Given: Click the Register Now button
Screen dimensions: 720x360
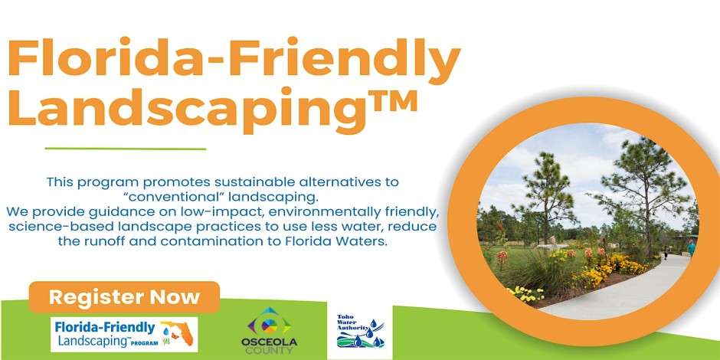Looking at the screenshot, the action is [124, 296].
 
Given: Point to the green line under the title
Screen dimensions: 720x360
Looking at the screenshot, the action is [126, 149].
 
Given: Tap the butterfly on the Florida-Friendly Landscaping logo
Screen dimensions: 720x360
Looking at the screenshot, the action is [175, 335].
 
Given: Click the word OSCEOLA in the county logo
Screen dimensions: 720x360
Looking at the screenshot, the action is [269, 342].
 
